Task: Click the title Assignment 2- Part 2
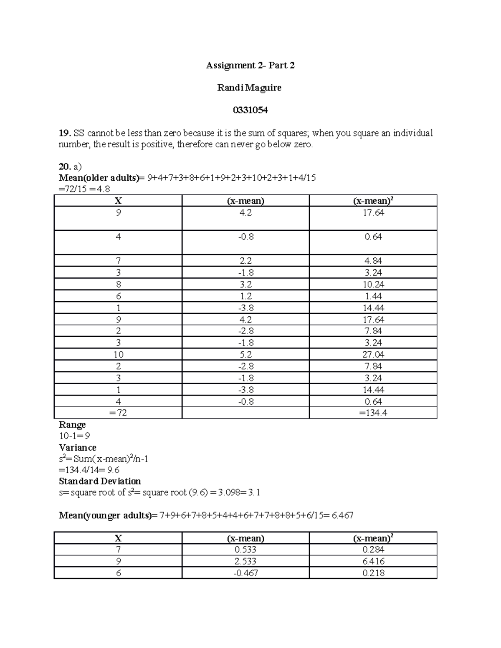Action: pos(250,66)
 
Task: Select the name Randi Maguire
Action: pos(249,88)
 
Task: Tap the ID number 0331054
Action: pos(250,110)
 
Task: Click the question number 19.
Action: pos(65,133)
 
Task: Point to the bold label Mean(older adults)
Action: pos(99,178)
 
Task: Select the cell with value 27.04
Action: pos(374,355)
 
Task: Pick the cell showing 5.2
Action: pos(245,355)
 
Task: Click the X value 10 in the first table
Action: pos(118,355)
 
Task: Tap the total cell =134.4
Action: pos(373,413)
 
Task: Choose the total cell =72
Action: pos(118,413)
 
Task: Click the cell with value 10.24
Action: pos(374,285)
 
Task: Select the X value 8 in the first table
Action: pos(118,285)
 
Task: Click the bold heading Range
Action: pos(72,425)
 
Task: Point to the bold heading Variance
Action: pos(78,448)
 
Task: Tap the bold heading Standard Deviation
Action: pos(100,481)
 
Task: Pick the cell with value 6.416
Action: pos(374,561)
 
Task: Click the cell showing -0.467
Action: pos(245,573)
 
